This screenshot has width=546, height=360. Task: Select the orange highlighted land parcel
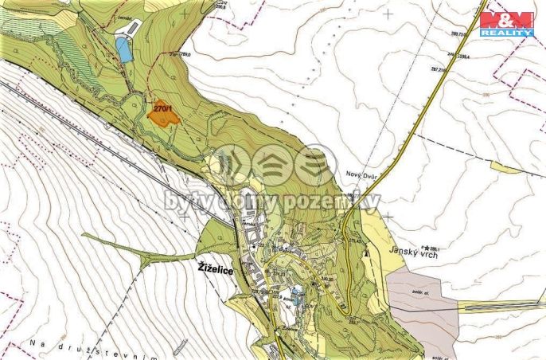coord(163,116)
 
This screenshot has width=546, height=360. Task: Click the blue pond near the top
coord(123,50)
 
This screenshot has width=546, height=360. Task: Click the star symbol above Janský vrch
coord(427,248)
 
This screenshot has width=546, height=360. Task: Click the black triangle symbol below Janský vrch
coord(365,253)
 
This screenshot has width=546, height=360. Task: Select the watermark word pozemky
coord(334,202)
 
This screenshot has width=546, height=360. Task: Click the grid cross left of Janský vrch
coord(388,216)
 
